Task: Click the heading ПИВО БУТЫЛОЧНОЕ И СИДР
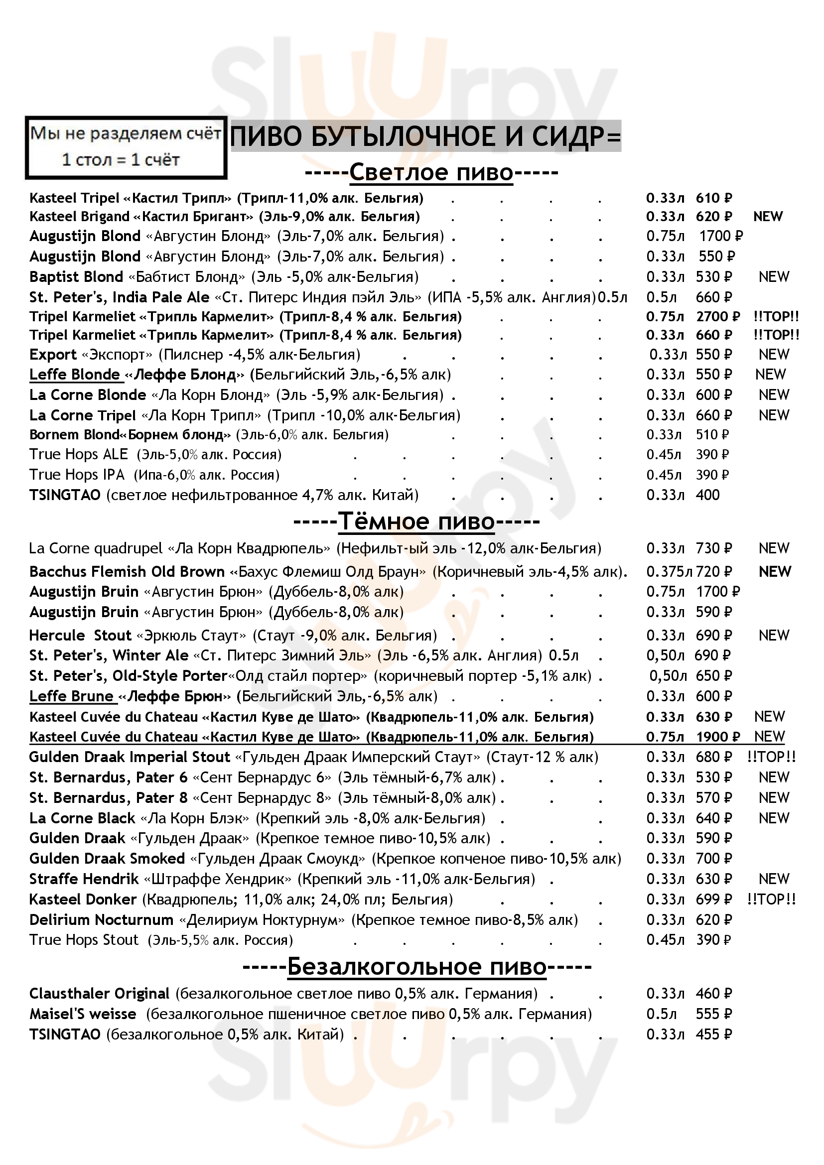coord(425,137)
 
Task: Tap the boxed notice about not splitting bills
coord(126,147)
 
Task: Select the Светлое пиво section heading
coord(431,172)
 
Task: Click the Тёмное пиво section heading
coord(416,521)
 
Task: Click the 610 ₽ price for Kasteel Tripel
coord(714,198)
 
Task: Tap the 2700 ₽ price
coord(718,317)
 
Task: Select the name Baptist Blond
coord(76,277)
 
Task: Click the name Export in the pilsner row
coord(53,355)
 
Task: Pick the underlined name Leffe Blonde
coord(75,375)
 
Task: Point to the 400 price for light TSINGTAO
coord(707,495)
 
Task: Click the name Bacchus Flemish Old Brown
coord(127,572)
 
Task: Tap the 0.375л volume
coord(669,572)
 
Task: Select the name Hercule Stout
coord(80,635)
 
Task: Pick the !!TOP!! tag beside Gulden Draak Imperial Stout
coord(771,757)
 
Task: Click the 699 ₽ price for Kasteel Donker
coord(714,900)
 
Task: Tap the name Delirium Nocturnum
coord(102,920)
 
